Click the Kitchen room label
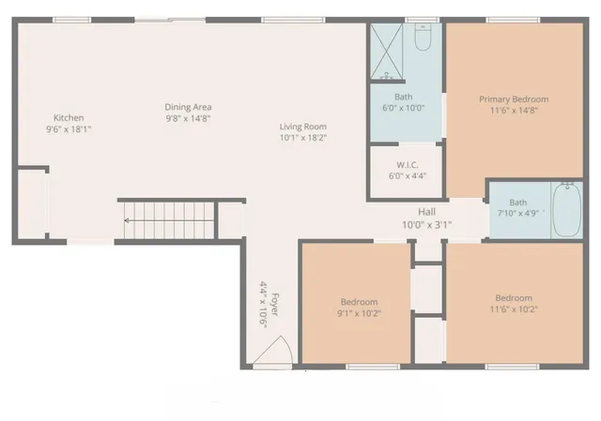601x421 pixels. point(69,117)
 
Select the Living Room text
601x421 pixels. point(302,127)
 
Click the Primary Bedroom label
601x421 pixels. point(514,98)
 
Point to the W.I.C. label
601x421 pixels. point(407,165)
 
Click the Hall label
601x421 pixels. point(427,212)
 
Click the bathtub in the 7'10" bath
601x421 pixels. point(566,212)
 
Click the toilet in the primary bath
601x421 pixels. point(423,40)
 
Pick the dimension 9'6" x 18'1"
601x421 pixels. point(69,128)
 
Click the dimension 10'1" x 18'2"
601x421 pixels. point(302,138)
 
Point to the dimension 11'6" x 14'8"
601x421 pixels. point(514,110)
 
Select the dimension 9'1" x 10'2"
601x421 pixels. point(359,313)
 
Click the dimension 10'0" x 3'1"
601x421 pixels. point(427,224)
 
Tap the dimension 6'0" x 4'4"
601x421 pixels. point(407,176)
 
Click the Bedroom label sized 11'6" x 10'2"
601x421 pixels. point(514,298)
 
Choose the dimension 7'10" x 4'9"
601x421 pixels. point(517,214)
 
